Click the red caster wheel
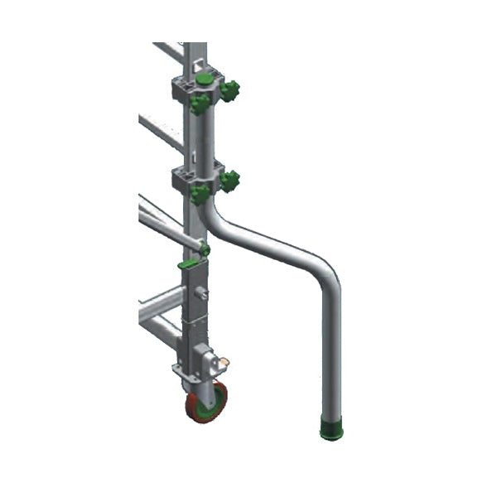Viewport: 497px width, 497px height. (x=206, y=403)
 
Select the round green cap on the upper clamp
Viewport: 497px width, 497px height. (x=204, y=80)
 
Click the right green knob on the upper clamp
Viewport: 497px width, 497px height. (x=229, y=90)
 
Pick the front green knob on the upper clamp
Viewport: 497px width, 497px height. (x=200, y=104)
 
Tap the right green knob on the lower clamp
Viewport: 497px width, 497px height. (x=229, y=181)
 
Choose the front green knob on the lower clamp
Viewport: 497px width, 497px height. (x=200, y=194)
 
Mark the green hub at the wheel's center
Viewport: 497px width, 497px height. (x=208, y=402)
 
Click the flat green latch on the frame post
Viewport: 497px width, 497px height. (x=188, y=264)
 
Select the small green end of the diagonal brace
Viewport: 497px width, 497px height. (x=205, y=248)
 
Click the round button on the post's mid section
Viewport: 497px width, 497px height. (x=201, y=292)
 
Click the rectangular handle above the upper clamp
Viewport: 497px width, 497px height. (x=197, y=59)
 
